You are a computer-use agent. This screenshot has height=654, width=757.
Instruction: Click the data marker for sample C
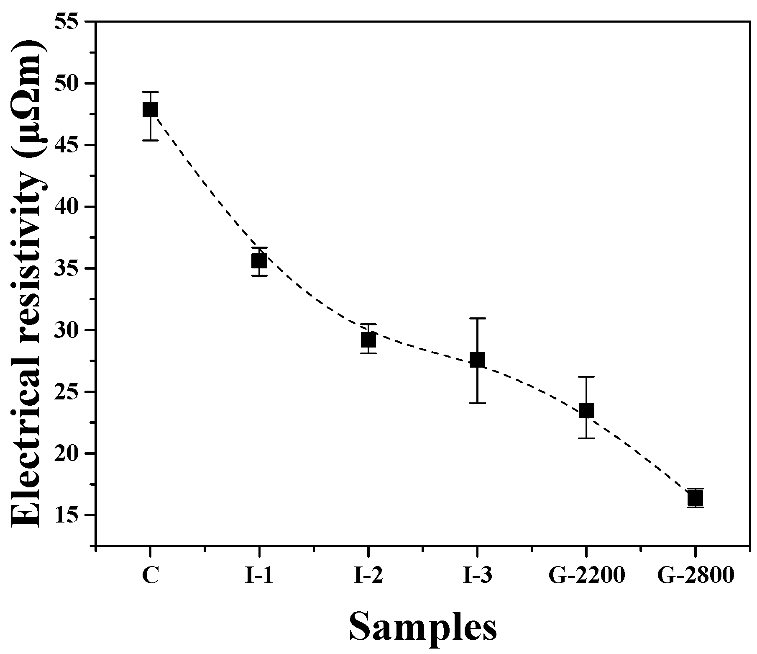(150, 110)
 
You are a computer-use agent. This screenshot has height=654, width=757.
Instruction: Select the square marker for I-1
(259, 261)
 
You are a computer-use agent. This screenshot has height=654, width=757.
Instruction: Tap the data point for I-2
(368, 340)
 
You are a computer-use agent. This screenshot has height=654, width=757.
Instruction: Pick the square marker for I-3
(477, 360)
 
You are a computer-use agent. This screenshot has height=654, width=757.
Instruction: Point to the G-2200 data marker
(586, 410)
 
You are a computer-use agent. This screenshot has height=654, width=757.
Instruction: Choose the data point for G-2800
(695, 498)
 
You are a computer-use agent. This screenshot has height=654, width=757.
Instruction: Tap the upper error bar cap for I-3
(477, 318)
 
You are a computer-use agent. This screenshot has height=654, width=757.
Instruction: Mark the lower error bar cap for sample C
(150, 140)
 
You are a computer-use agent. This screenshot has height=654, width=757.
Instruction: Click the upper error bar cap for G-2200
(586, 377)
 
